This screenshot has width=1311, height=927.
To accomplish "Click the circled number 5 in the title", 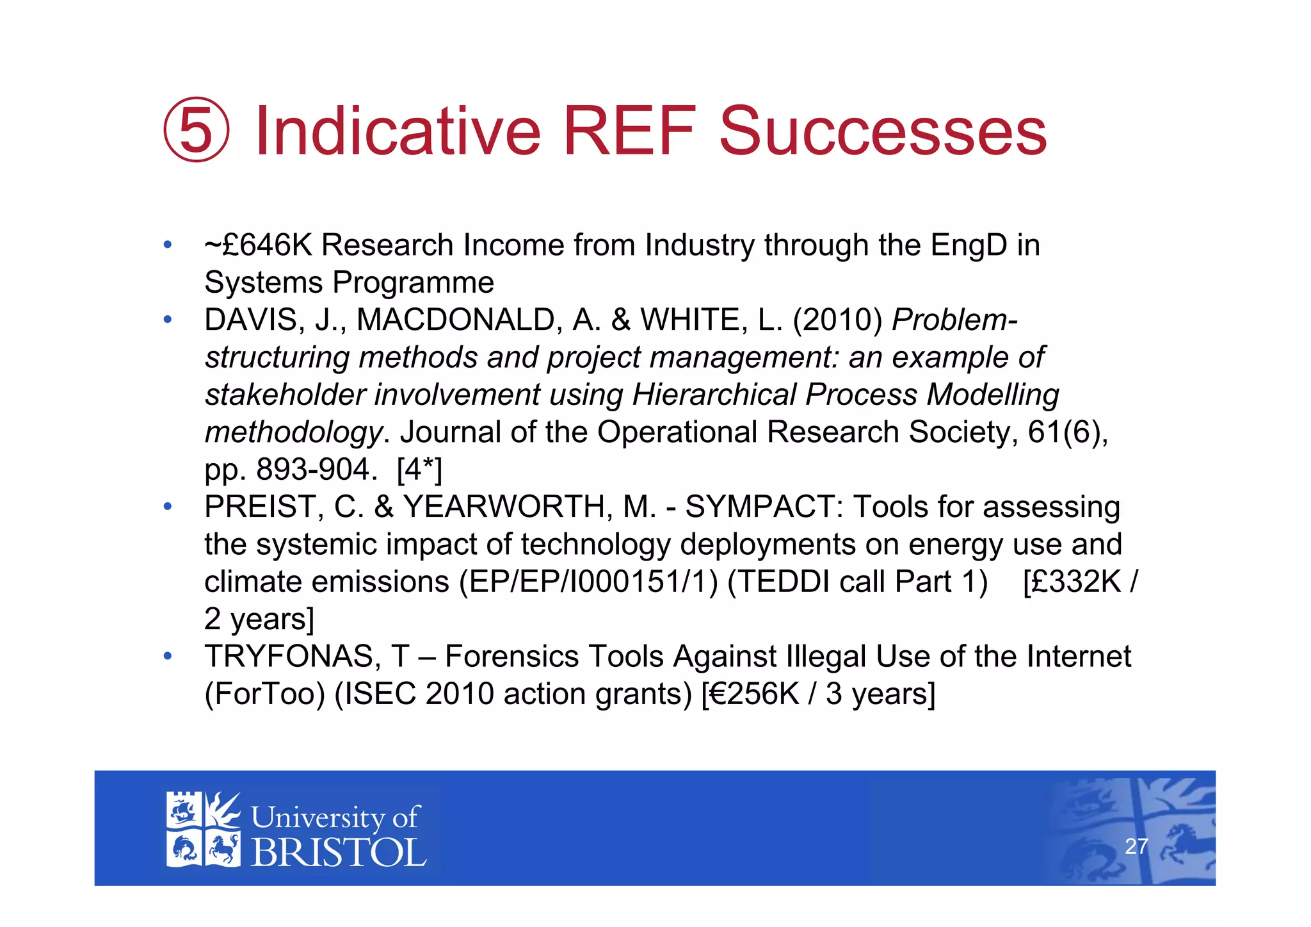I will click(x=196, y=130).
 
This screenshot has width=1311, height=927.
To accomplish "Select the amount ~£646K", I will click(x=258, y=245).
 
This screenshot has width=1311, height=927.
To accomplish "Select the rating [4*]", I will click(x=419, y=470).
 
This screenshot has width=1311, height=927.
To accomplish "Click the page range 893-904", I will click(x=313, y=470).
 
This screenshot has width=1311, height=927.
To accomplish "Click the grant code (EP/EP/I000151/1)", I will click(x=588, y=582).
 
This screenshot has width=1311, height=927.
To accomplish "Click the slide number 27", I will click(x=1136, y=847).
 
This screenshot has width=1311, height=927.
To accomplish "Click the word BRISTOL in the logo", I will click(x=338, y=853).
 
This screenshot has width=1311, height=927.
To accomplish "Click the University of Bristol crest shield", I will click(x=203, y=830).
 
